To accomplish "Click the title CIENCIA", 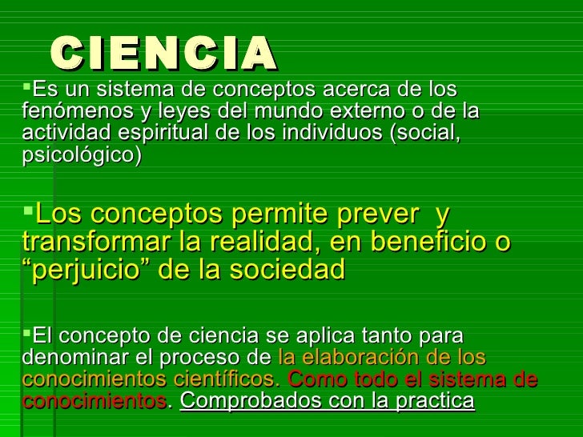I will coord(163,53).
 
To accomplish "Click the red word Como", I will coord(314,379).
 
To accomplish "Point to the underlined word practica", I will coord(432,400).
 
